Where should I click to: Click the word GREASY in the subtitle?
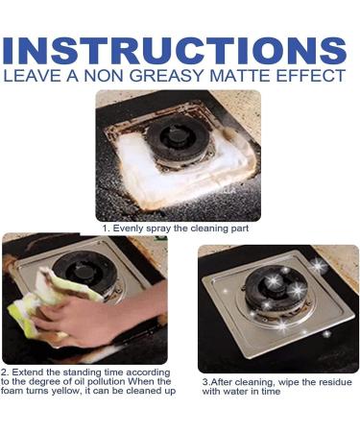(x=173, y=74)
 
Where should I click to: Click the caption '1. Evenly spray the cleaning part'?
(x=179, y=228)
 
